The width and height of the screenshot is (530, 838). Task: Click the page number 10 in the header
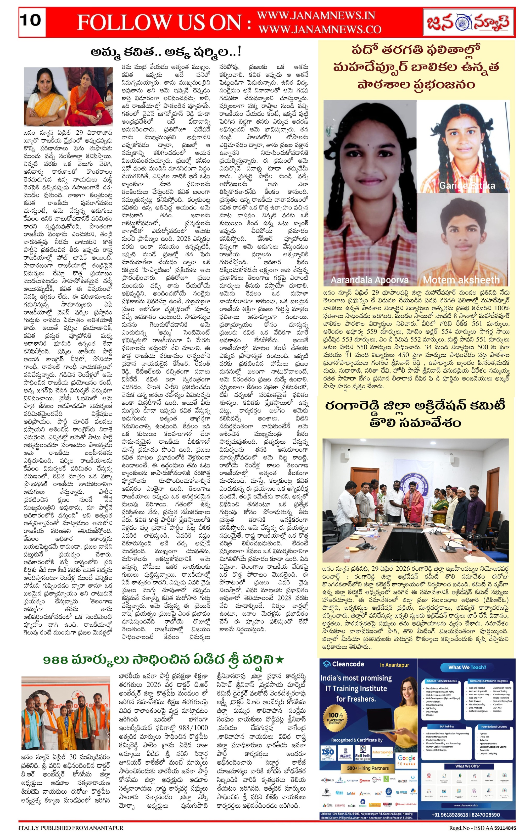31,20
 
